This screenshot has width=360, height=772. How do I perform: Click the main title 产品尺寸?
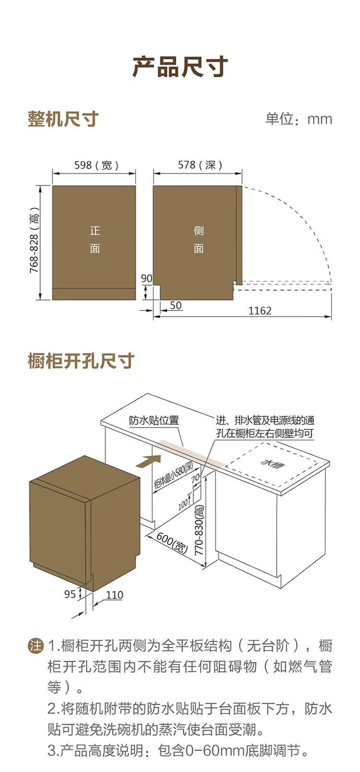[x=180, y=67]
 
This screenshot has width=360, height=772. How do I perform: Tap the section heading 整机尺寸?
[x=63, y=119]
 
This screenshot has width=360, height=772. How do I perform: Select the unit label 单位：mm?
[x=299, y=119]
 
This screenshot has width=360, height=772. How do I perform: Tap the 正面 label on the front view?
[x=95, y=239]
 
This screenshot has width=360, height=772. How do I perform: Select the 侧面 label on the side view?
[x=199, y=239]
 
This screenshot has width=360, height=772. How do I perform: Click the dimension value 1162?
[x=260, y=311]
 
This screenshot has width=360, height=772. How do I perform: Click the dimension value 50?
[x=176, y=306]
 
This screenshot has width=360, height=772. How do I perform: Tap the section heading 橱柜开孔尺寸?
[x=81, y=361]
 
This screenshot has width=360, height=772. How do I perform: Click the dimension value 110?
[x=114, y=595]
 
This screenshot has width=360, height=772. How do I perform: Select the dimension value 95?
[x=70, y=594]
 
